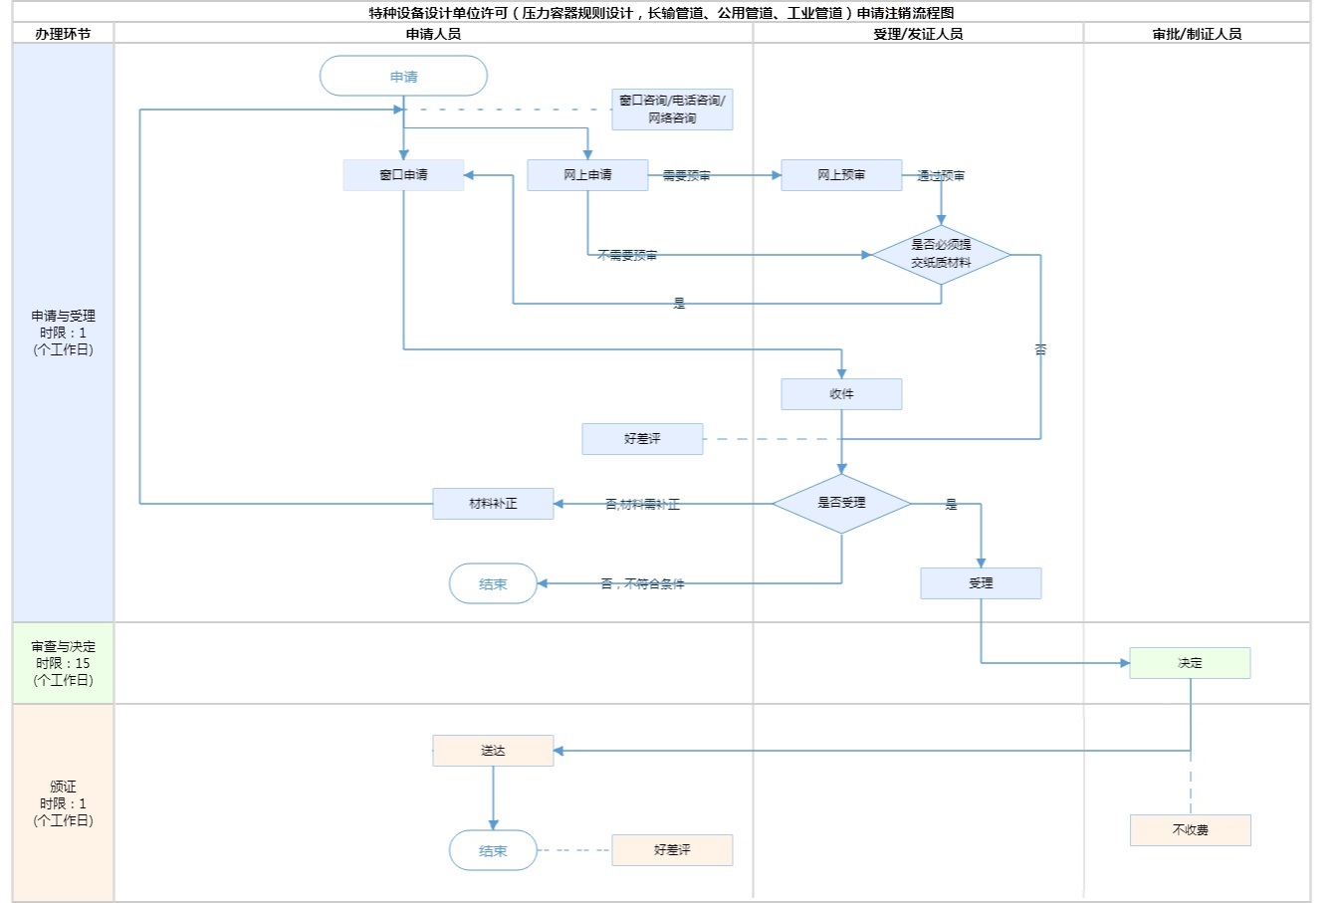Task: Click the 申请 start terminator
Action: pyautogui.click(x=403, y=77)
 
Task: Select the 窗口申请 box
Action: pyautogui.click(x=403, y=175)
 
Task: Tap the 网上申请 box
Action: pyautogui.click(x=587, y=175)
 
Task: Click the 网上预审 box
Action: pyautogui.click(x=841, y=175)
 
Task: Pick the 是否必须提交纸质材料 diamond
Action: pyautogui.click(x=941, y=255)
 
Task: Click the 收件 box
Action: pyautogui.click(x=841, y=394)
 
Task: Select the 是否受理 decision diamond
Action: pyautogui.click(x=841, y=504)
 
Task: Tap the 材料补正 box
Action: pyautogui.click(x=493, y=504)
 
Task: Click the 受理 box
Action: pyautogui.click(x=981, y=583)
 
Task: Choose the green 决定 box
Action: pyautogui.click(x=1190, y=663)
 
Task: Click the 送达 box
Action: pyautogui.click(x=493, y=751)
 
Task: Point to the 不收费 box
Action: pyautogui.click(x=1190, y=830)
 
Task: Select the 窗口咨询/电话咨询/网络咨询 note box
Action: pyautogui.click(x=672, y=110)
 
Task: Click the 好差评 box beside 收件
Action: pyautogui.click(x=642, y=439)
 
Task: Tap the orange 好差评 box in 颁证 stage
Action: pyautogui.click(x=672, y=850)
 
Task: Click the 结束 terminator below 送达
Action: pyautogui.click(x=493, y=850)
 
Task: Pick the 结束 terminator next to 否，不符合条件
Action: pyautogui.click(x=493, y=584)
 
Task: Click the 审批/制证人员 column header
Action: pyautogui.click(x=1197, y=34)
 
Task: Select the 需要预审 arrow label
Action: pyautogui.click(x=687, y=176)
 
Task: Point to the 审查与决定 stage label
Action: pyautogui.click(x=64, y=663)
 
